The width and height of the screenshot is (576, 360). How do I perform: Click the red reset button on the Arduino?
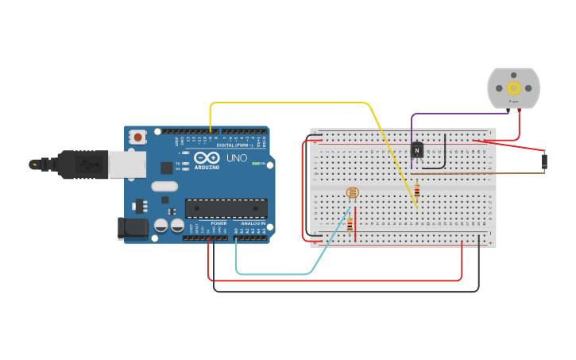(x=138, y=137)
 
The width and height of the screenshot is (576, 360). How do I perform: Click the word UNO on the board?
(x=238, y=158)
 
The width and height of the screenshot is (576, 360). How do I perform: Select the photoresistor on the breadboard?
(x=352, y=193)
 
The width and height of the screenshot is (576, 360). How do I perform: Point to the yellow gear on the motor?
(x=513, y=88)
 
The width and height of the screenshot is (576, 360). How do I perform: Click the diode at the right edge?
(x=544, y=161)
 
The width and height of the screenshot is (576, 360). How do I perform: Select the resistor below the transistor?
(x=416, y=190)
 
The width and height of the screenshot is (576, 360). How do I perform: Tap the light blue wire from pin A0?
(x=274, y=274)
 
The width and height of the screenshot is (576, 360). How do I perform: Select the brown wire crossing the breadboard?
(x=477, y=173)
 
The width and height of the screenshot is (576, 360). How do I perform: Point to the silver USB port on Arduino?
(x=127, y=165)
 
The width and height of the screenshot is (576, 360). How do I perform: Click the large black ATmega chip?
(x=226, y=208)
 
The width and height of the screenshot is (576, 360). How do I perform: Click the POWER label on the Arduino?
(x=218, y=223)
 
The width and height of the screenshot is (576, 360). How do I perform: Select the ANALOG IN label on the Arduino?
(x=253, y=223)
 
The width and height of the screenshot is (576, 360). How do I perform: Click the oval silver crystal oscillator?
(x=164, y=186)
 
